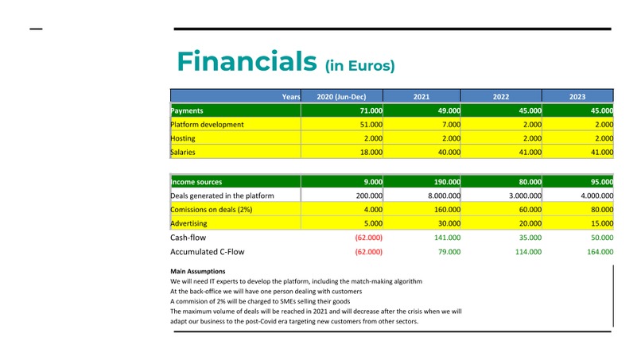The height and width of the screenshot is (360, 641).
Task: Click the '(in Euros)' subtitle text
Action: (359, 65)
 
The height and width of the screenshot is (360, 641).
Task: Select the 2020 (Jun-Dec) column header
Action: (341, 96)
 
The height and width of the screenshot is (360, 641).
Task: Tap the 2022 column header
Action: (500, 96)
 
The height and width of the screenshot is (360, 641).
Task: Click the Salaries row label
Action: (184, 152)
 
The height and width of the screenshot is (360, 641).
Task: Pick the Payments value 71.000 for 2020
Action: (371, 111)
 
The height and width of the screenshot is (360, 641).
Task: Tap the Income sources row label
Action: (196, 182)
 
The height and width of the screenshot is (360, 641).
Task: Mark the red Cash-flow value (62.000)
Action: (368, 238)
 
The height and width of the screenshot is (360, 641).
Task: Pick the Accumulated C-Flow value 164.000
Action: (599, 252)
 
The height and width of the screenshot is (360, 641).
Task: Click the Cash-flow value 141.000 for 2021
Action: (446, 238)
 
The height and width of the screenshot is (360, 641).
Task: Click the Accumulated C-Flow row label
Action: (207, 252)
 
